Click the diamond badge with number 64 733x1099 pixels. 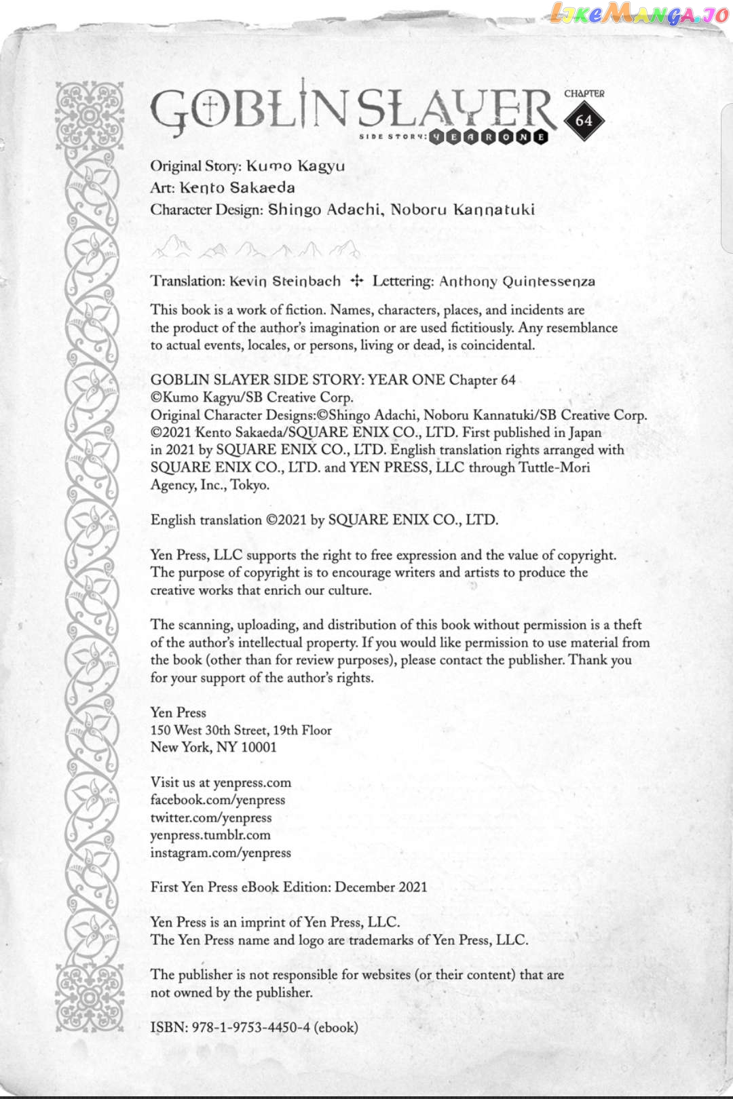pyautogui.click(x=584, y=121)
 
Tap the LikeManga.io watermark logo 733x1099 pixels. pyautogui.click(x=638, y=14)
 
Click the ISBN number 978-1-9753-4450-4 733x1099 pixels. pyautogui.click(x=250, y=1027)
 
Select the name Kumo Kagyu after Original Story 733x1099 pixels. pyautogui.click(x=295, y=166)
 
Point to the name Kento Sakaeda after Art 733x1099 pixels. pyautogui.click(x=237, y=188)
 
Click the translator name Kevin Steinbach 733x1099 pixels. pyautogui.click(x=285, y=282)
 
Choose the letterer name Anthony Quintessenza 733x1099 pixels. pyautogui.click(x=516, y=282)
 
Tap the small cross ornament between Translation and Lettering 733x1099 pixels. pyautogui.click(x=357, y=281)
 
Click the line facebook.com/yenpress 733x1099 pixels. pyautogui.click(x=218, y=800)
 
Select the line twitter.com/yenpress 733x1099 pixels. pyautogui.click(x=211, y=817)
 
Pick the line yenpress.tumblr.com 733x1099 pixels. pyautogui.click(x=210, y=835)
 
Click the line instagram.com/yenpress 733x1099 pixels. pyautogui.click(x=221, y=853)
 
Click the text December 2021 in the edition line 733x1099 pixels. pyautogui.click(x=381, y=887)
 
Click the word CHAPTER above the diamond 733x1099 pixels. pyautogui.click(x=584, y=94)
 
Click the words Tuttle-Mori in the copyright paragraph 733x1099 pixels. pyautogui.click(x=554, y=467)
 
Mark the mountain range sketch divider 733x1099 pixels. pyautogui.click(x=255, y=248)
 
